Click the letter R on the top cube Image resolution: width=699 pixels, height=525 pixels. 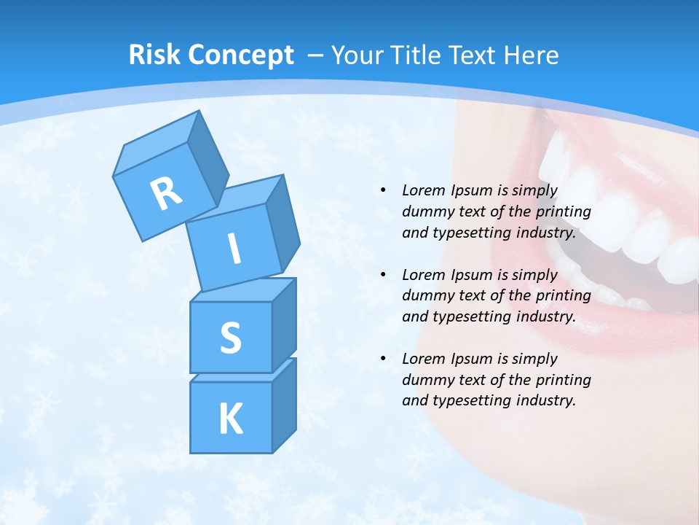click(x=166, y=193)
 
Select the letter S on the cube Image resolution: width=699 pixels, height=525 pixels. click(x=230, y=338)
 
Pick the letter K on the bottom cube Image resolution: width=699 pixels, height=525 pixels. click(x=230, y=419)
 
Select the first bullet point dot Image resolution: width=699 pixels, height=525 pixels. click(x=383, y=190)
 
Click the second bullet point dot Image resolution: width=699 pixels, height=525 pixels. click(x=383, y=275)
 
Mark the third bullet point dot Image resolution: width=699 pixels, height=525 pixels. click(x=383, y=359)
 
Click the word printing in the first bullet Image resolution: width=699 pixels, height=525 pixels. click(x=563, y=212)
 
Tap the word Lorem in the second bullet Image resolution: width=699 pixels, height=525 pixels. click(x=423, y=275)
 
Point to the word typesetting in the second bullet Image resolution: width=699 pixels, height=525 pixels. click(x=466, y=316)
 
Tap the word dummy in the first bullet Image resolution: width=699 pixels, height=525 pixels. click(x=425, y=212)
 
